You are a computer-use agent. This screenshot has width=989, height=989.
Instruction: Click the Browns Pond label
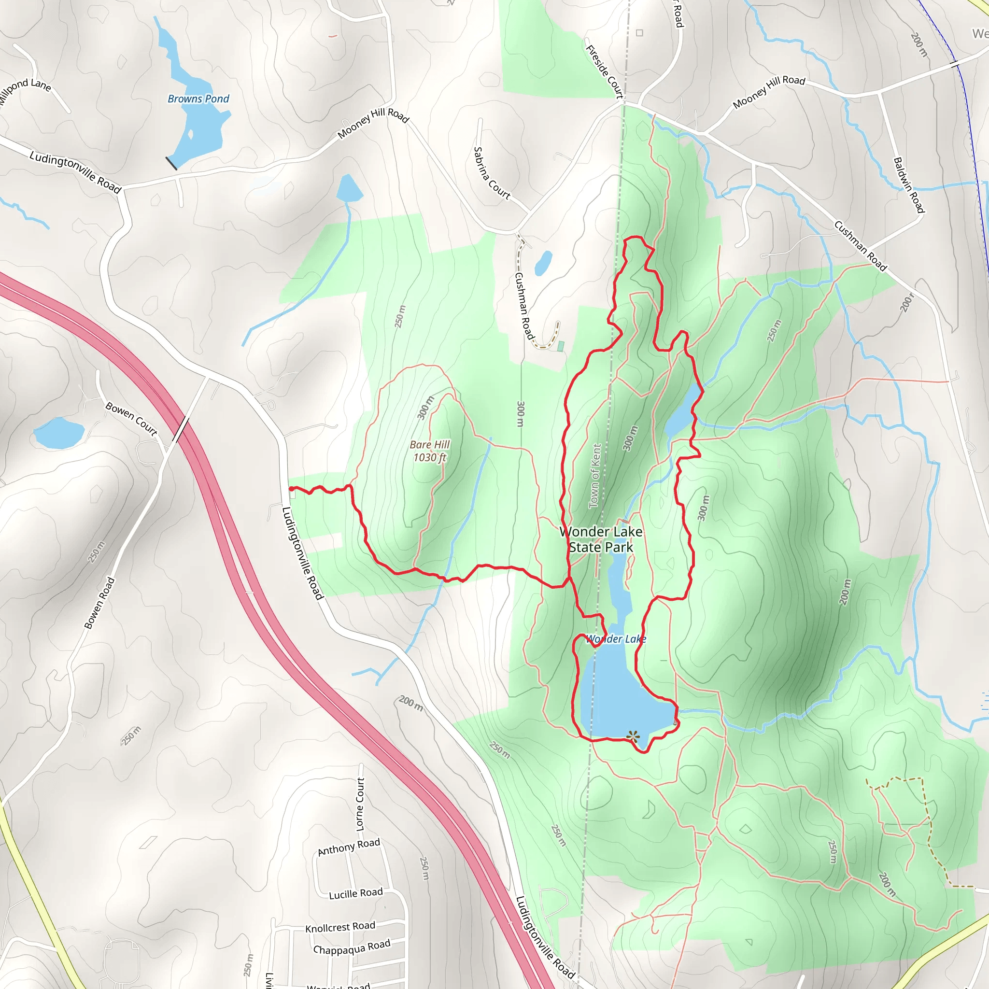coord(198,99)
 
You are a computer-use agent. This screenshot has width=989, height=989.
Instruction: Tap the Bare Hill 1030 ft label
coord(429,451)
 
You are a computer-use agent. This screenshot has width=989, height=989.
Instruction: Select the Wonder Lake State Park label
coord(600,539)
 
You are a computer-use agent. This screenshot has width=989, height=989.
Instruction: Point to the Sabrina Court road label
coord(491,173)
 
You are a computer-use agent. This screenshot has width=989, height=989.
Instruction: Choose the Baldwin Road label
coord(909,185)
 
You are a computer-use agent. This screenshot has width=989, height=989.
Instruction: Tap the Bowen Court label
coord(131,419)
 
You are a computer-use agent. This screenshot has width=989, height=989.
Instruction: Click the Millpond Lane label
coord(25,91)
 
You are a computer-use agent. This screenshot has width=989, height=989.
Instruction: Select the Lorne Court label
coord(360,804)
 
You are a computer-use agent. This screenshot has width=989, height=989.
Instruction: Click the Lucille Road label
coord(356,893)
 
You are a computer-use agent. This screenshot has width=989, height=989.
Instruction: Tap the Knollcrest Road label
coord(340,927)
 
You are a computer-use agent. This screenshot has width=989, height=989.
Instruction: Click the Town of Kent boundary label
coord(595,476)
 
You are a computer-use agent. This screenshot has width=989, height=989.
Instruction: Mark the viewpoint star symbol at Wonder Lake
coord(633,736)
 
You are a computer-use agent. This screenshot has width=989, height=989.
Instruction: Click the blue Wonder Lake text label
coord(616,639)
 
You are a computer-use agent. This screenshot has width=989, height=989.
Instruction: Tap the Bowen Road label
coord(99,603)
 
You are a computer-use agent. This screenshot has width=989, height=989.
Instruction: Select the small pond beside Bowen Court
coord(59,433)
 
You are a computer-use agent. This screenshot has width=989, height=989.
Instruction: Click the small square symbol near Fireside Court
coord(639,33)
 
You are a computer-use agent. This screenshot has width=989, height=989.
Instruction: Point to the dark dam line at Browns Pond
coord(171,163)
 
